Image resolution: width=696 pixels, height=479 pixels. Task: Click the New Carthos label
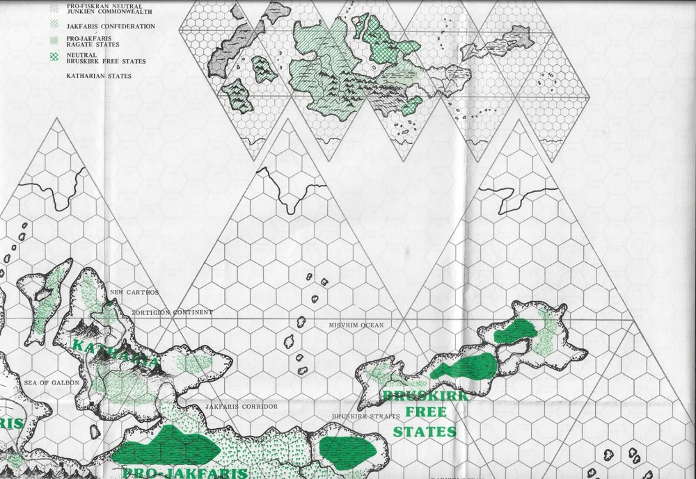coord(134,291)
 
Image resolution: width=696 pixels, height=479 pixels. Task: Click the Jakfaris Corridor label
coord(241,406)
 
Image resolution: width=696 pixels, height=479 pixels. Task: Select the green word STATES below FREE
coord(425,432)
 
